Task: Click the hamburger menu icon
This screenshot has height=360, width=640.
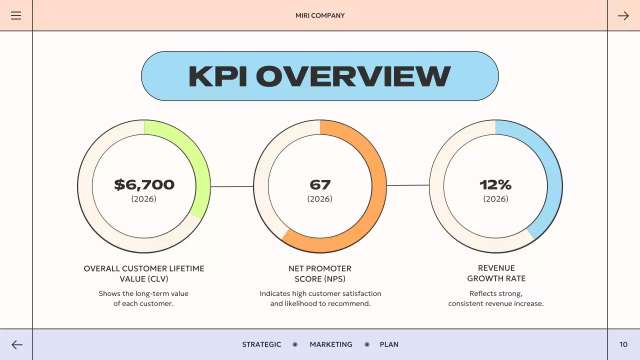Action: tap(16, 15)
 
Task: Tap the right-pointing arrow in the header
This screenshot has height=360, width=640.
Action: tap(623, 15)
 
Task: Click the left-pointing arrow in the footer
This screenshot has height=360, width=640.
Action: tap(17, 344)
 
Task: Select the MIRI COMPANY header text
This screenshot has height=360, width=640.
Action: tap(320, 15)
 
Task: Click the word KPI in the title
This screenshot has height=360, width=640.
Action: tap(217, 76)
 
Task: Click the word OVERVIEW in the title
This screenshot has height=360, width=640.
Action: tap(353, 76)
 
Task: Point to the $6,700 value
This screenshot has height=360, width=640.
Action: tap(144, 184)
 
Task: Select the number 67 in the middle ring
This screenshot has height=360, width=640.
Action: tap(320, 184)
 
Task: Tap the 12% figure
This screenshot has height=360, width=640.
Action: tap(495, 184)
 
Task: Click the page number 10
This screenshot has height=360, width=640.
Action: tap(623, 344)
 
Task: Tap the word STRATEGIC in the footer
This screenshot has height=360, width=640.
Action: tap(261, 344)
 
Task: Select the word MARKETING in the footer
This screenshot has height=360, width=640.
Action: tap(330, 344)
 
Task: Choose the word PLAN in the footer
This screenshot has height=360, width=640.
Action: tap(389, 344)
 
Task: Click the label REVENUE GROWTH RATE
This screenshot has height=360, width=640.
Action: tap(496, 273)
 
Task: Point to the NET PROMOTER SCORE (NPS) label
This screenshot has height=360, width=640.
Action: tap(320, 273)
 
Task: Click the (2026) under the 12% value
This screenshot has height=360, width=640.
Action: tap(495, 199)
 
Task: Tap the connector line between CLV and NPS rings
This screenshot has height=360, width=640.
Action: tap(232, 186)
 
